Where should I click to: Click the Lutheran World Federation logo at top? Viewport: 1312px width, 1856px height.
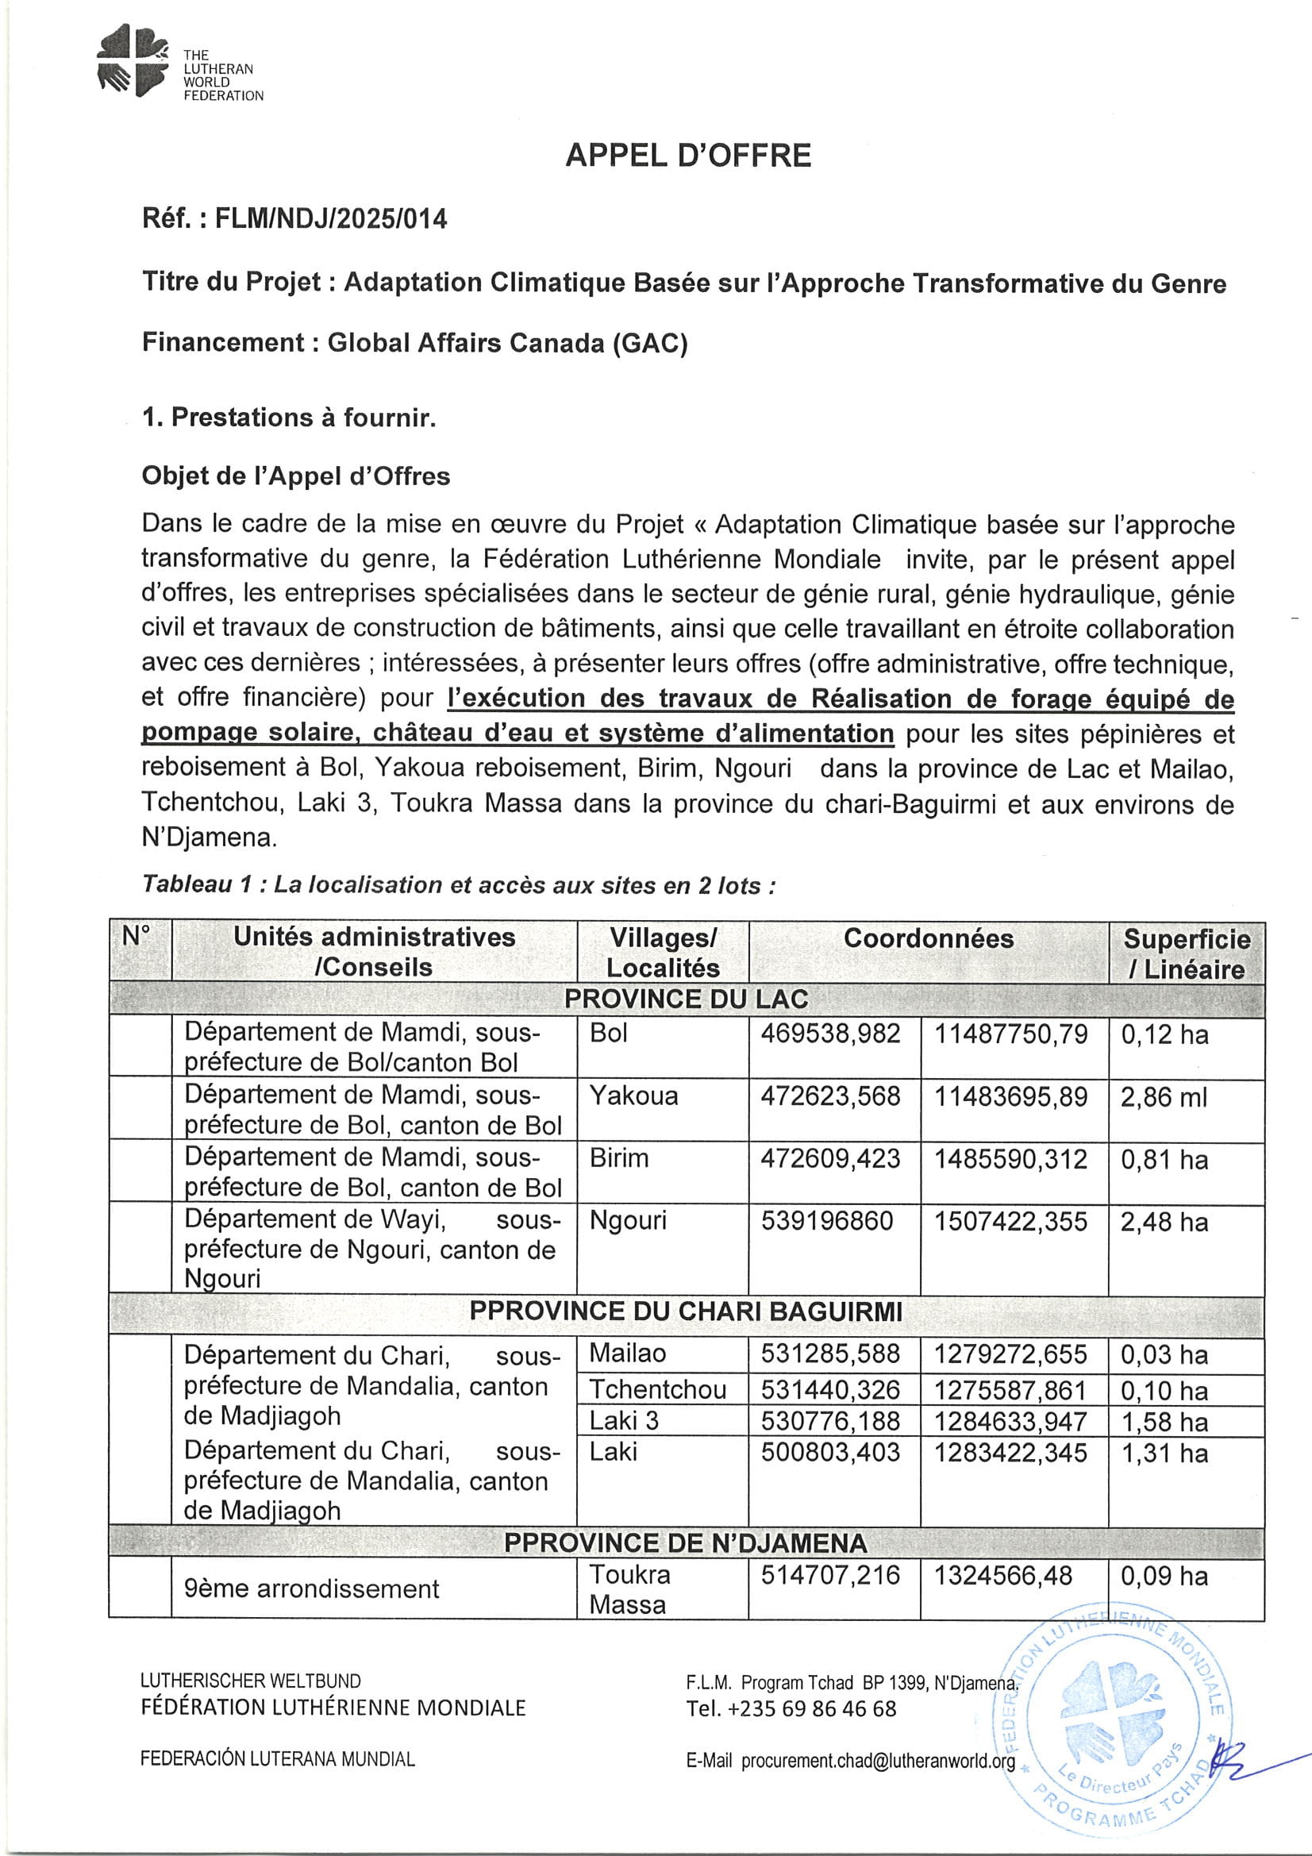(x=133, y=60)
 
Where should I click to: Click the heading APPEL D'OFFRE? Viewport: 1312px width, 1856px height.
(x=688, y=156)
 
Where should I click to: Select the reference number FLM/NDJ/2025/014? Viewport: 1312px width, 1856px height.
(x=331, y=219)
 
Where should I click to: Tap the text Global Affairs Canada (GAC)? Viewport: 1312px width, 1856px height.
(x=507, y=343)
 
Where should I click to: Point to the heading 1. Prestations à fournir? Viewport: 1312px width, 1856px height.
(x=289, y=417)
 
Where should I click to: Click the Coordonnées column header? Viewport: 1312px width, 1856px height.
(x=928, y=938)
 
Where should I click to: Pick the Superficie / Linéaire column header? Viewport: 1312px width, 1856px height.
(x=1186, y=954)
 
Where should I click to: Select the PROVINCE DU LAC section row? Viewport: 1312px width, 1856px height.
(x=687, y=999)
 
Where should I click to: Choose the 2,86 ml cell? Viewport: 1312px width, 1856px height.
(x=1164, y=1097)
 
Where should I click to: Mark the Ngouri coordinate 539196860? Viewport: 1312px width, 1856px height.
(x=827, y=1221)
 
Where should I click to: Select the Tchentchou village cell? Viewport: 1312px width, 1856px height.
(x=657, y=1389)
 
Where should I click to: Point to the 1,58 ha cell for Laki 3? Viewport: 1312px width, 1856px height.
(x=1164, y=1421)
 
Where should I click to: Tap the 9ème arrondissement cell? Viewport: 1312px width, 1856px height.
(x=311, y=1588)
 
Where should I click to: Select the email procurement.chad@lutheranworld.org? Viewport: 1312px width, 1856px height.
(x=877, y=1762)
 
